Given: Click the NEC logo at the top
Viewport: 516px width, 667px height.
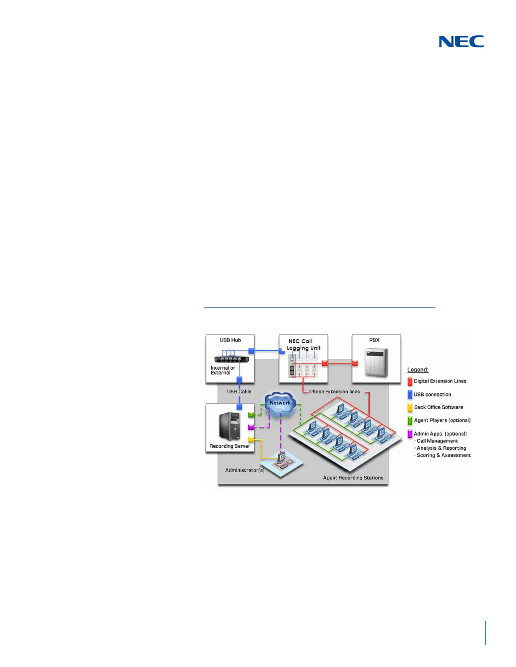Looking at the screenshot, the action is pyautogui.click(x=461, y=41).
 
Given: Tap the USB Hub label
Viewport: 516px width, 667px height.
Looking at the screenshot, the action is pyautogui.click(x=230, y=340).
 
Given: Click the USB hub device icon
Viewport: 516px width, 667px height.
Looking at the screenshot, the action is pyautogui.click(x=231, y=359).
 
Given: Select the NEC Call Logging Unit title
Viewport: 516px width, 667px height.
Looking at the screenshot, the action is pyautogui.click(x=303, y=344).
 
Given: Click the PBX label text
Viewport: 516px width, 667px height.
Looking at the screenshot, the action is pyautogui.click(x=374, y=340).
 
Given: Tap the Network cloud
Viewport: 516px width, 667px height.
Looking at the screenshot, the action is pyautogui.click(x=280, y=405).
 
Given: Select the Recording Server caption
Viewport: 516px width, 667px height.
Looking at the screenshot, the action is pyautogui.click(x=230, y=446).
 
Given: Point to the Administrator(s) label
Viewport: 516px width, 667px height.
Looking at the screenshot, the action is pyautogui.click(x=245, y=470).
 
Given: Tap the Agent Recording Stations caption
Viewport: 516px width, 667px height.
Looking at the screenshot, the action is pyautogui.click(x=353, y=478).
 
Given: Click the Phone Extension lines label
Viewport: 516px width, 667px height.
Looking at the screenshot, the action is pyautogui.click(x=334, y=392).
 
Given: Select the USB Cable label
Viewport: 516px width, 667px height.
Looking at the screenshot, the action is pyautogui.click(x=239, y=392).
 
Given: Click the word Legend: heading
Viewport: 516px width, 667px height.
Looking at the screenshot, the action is pyautogui.click(x=418, y=370).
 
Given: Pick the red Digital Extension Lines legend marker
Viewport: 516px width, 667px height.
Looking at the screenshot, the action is pyautogui.click(x=410, y=382).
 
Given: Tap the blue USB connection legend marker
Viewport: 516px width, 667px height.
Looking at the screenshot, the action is pyautogui.click(x=410, y=395).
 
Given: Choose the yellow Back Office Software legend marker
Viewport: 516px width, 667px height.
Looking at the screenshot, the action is pyautogui.click(x=410, y=408).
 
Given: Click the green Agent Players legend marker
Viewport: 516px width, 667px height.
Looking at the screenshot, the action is pyautogui.click(x=410, y=420).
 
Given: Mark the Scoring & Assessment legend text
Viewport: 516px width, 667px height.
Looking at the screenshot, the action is pyautogui.click(x=443, y=455).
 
